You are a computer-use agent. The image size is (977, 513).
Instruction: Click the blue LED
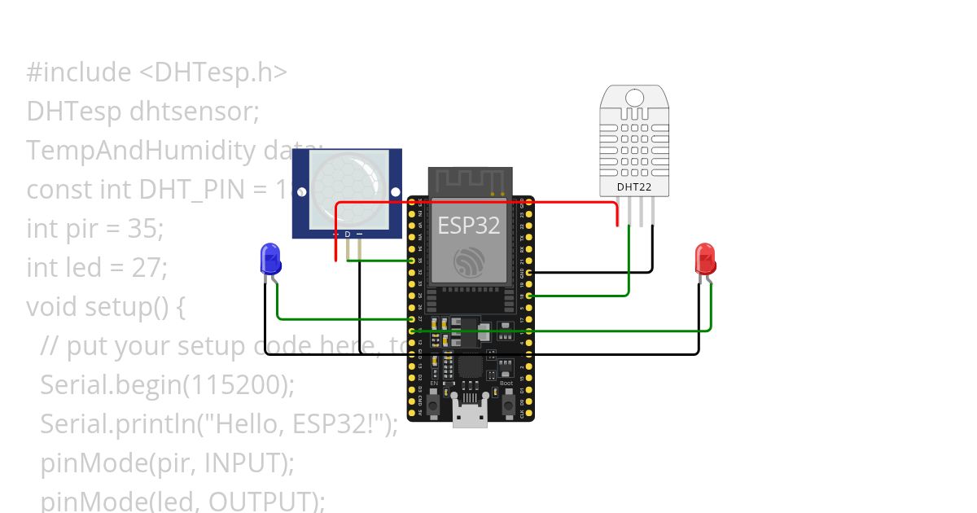(269, 258)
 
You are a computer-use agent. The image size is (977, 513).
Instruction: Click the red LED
(705, 258)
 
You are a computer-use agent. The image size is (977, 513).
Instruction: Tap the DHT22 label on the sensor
(634, 186)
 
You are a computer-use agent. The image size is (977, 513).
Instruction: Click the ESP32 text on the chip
(468, 225)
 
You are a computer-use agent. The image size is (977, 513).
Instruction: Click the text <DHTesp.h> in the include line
(212, 72)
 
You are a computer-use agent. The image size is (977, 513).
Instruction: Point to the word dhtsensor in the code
(194, 112)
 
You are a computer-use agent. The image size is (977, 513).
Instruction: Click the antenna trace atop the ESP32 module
(471, 180)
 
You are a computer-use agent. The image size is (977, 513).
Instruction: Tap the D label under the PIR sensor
(348, 235)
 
